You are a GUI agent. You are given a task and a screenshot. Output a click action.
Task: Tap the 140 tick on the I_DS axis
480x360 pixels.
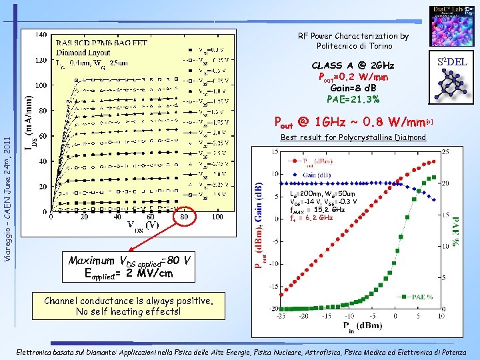[x=40, y=35]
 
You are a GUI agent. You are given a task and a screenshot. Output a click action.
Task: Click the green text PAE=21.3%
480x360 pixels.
[x=353, y=99]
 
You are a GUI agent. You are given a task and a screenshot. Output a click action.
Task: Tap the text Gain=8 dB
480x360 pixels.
[x=353, y=87]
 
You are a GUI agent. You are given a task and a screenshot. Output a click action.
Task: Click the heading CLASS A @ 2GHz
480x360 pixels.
[x=353, y=65]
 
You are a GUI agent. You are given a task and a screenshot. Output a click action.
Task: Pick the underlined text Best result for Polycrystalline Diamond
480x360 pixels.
[x=353, y=138]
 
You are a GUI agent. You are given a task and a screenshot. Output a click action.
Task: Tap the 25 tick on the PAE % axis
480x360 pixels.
[x=447, y=153]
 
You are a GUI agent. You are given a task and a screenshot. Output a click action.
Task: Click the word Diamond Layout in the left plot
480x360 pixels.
[x=83, y=53]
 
